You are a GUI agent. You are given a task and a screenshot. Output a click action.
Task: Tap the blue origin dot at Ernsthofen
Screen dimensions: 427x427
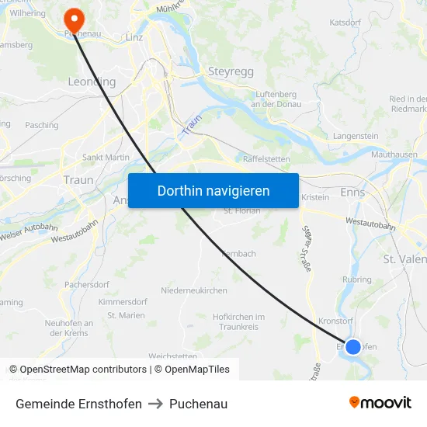coord(353,346)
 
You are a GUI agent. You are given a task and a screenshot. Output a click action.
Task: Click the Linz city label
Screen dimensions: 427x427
coord(134,36)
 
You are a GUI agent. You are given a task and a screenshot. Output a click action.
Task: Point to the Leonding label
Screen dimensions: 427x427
coord(92,82)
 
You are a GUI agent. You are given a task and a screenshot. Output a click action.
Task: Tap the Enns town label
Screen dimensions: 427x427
coord(352,192)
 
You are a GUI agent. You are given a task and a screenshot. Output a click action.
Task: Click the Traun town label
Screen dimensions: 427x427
coord(78,179)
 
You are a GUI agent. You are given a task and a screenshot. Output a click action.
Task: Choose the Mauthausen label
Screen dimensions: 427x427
coord(394,154)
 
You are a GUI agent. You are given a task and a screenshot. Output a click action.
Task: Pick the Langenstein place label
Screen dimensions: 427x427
coord(356,136)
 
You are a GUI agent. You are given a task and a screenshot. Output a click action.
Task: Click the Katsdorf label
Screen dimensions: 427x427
coord(345,23)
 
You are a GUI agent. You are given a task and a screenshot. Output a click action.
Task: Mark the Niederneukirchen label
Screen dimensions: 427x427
coord(193,290)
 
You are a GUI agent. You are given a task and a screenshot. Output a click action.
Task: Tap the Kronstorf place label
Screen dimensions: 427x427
coord(337,321)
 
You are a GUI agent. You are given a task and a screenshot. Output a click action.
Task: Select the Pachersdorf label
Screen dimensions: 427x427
coord(86,284)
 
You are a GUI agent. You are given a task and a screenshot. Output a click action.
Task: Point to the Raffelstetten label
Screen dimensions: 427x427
coord(266,158)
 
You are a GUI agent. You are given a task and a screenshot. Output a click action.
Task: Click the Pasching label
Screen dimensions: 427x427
coord(41,125)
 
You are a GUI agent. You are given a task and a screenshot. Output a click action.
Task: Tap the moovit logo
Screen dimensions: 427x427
coord(380,403)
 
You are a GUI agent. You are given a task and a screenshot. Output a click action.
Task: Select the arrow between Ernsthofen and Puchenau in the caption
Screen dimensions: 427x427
coord(155,404)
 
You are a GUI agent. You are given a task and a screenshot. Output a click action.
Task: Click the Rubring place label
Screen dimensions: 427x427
coord(357,279)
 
